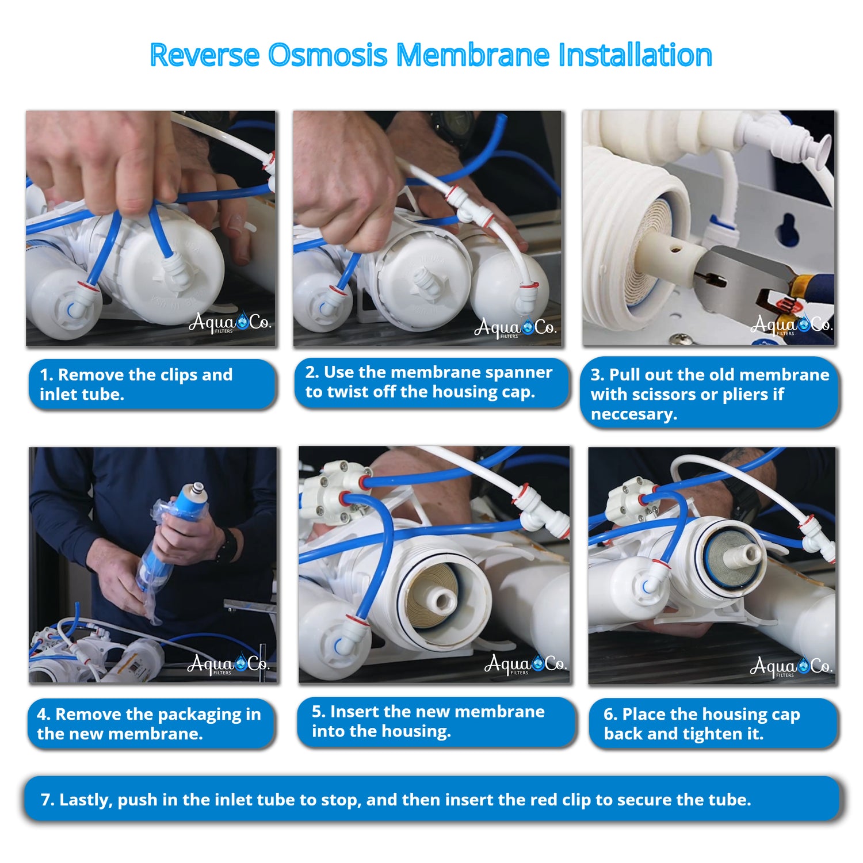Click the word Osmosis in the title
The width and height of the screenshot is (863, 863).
(327, 55)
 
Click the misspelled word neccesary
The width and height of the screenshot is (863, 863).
(633, 414)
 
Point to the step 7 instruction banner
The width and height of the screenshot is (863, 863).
(431, 799)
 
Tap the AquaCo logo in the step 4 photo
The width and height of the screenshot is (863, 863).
(228, 665)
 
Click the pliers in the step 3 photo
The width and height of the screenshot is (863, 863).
(759, 282)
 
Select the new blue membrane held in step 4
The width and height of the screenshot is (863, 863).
(171, 535)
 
